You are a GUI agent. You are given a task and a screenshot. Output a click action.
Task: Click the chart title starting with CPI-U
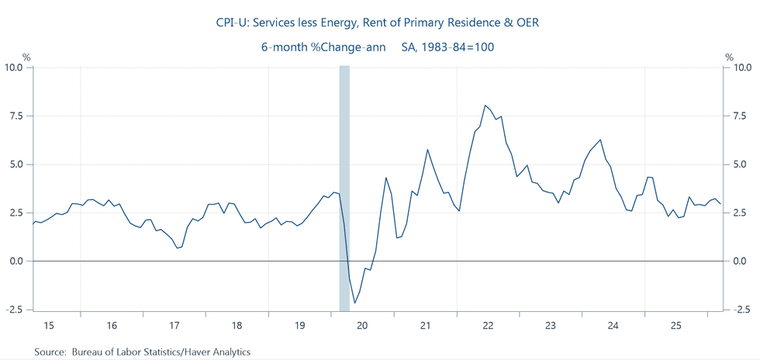point(377,23)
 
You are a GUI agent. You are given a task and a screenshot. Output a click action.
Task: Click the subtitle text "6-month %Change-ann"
point(326,47)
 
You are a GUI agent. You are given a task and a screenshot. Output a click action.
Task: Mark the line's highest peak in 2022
point(485,106)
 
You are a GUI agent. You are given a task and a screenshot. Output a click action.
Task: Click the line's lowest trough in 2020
point(354,303)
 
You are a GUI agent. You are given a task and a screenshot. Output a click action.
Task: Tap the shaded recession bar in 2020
point(344,186)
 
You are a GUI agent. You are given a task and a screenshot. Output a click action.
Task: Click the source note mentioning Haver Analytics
point(142,352)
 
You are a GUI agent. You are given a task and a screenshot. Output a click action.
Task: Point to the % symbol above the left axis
point(26,57)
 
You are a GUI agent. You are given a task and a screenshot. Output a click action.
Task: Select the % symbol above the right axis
point(729,57)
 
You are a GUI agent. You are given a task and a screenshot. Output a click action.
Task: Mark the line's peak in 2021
point(427,149)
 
